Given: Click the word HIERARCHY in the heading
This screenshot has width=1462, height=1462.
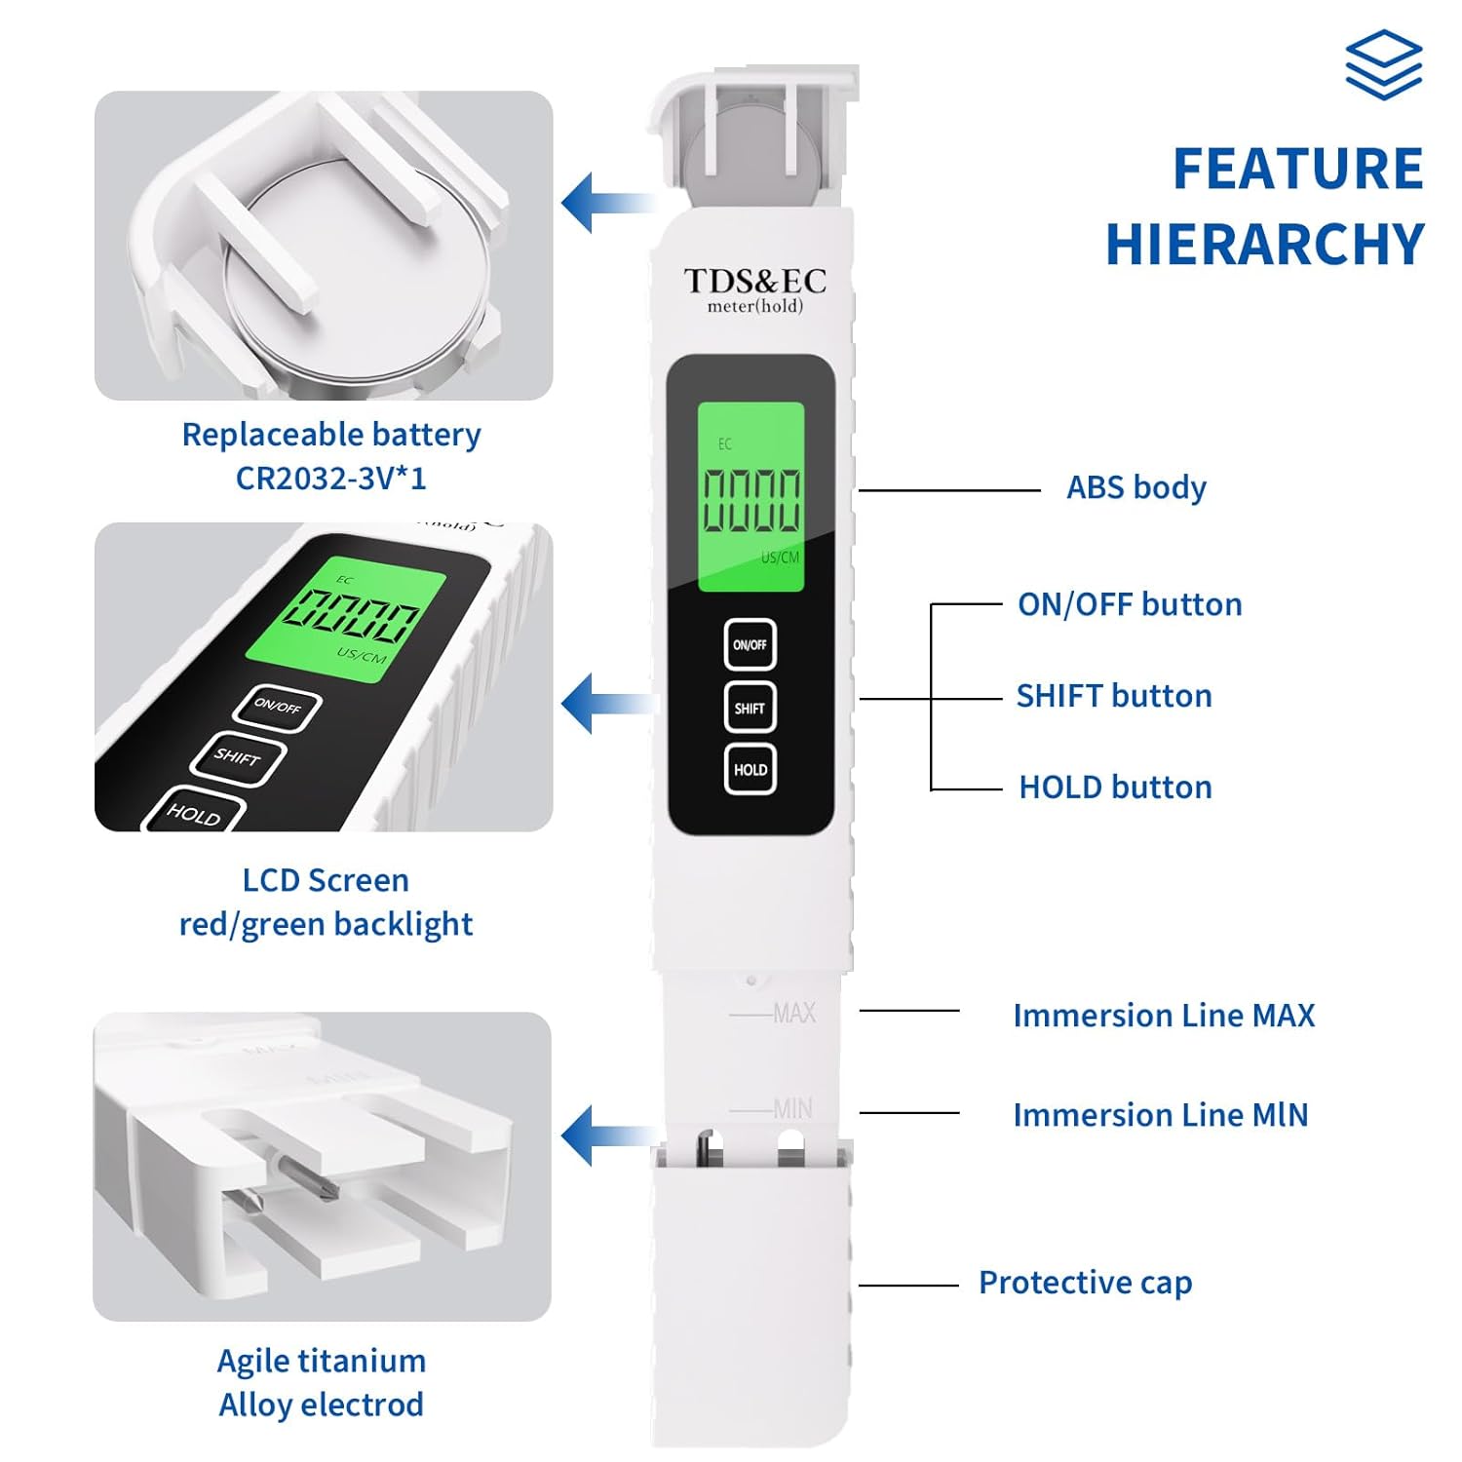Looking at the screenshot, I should click(x=1264, y=244).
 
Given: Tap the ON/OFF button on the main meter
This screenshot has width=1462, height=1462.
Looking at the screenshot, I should click(x=750, y=644).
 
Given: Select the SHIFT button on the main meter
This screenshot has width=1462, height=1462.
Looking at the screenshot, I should click(x=750, y=708).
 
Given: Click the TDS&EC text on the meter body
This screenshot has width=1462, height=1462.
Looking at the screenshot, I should click(x=754, y=281).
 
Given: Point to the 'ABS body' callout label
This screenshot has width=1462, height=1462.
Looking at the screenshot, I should click(x=1135, y=487).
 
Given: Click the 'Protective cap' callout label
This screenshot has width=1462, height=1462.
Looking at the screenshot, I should click(x=1085, y=1283).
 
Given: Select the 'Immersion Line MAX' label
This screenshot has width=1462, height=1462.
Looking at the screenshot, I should click(x=1164, y=1016).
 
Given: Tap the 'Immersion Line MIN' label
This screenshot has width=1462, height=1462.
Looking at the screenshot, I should click(x=1160, y=1115).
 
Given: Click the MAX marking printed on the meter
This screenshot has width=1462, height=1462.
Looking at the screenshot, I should click(x=793, y=1014).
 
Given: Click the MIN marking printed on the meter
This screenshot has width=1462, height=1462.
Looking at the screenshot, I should click(x=792, y=1109).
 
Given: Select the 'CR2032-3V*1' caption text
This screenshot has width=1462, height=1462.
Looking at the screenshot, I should click(x=331, y=479).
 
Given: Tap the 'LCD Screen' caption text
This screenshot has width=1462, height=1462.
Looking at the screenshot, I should click(x=326, y=880).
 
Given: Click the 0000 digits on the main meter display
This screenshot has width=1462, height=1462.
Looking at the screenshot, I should click(x=751, y=500).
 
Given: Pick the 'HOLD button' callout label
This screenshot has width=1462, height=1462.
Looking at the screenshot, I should click(x=1115, y=788).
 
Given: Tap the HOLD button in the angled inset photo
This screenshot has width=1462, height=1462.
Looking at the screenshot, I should click(x=194, y=813).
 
